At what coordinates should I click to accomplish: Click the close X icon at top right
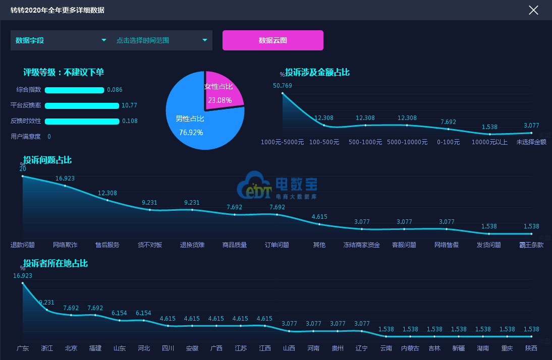coord(533,10)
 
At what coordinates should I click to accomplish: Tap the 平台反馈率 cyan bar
coord(82,105)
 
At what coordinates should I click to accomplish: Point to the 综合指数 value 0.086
coord(115,90)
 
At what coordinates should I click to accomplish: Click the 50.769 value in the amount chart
coord(283,85)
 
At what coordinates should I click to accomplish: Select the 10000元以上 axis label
coord(489,142)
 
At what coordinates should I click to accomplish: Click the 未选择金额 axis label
coord(531,142)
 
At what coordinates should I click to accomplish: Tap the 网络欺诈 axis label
coord(65,245)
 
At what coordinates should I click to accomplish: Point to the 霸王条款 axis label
coord(531,245)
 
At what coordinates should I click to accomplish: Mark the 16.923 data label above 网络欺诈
coord(65,178)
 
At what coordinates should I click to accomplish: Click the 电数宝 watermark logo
coord(277,185)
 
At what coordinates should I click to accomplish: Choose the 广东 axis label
coord(23,348)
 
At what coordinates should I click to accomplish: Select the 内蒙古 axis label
coord(410,348)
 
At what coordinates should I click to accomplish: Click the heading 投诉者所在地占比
coord(56,263)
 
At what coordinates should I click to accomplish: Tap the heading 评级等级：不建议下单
coord(64,72)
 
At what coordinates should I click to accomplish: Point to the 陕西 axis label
coord(531,348)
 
